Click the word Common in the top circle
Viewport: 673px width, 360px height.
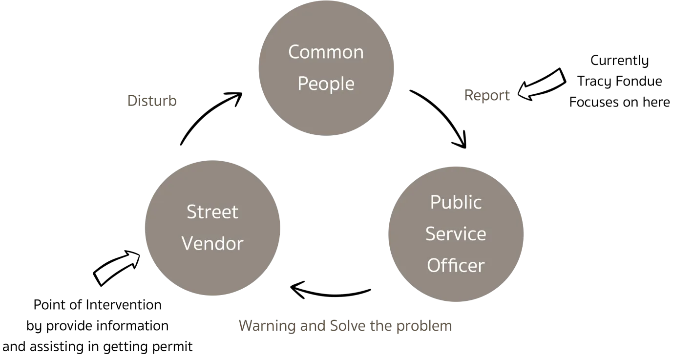tap(326, 52)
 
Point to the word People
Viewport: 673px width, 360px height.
tap(326, 84)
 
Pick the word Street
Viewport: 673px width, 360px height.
tap(212, 212)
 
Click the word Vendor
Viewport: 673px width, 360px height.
tap(212, 243)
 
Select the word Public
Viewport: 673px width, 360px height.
tap(456, 202)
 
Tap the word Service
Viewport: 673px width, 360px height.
tap(456, 234)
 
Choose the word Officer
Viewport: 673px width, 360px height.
tap(456, 265)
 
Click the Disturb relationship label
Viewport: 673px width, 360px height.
tap(152, 102)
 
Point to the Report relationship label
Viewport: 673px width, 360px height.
tap(488, 95)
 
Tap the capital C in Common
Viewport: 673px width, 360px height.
tap(294, 52)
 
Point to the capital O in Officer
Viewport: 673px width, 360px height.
tap(434, 265)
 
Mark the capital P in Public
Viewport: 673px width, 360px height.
tap(435, 202)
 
